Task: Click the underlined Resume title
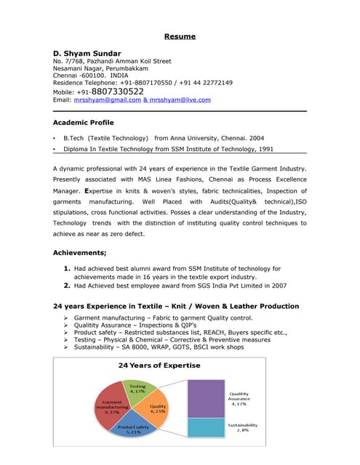click(x=179, y=36)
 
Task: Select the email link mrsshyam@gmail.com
click(x=107, y=100)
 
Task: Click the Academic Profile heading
click(x=83, y=123)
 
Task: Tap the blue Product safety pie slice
click(x=134, y=429)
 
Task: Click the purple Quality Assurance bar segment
click(x=206, y=398)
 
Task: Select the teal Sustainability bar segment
click(x=206, y=427)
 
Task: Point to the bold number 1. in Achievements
click(x=67, y=268)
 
